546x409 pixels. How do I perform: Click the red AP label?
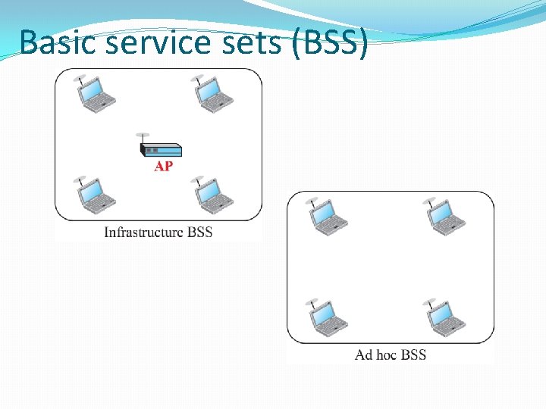click(x=163, y=166)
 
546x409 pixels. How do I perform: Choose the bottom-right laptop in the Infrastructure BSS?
click(x=214, y=195)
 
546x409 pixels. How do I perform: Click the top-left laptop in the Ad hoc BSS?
click(x=328, y=217)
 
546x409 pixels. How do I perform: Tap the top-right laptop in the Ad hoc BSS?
click(x=446, y=217)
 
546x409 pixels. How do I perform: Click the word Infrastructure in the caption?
click(x=143, y=232)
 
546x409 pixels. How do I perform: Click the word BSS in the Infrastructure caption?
click(x=199, y=232)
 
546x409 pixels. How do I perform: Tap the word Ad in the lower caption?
click(x=363, y=354)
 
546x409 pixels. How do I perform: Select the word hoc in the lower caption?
click(x=386, y=354)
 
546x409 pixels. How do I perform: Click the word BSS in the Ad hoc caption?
click(x=413, y=354)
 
